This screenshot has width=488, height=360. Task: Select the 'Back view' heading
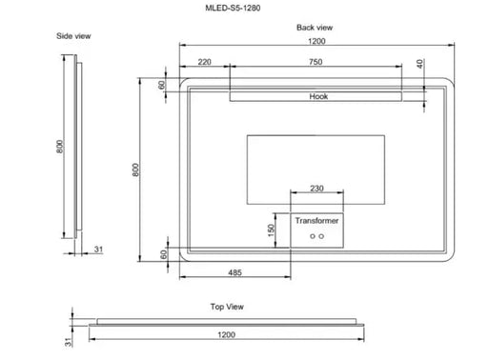pos(314,28)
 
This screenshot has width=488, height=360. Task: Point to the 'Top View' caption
pos(229,308)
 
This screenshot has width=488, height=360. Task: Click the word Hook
pos(319,97)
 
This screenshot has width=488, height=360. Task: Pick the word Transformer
pos(315,220)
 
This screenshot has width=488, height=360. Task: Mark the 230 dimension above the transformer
pos(315,189)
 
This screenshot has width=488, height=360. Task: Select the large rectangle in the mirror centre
pos(315,157)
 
